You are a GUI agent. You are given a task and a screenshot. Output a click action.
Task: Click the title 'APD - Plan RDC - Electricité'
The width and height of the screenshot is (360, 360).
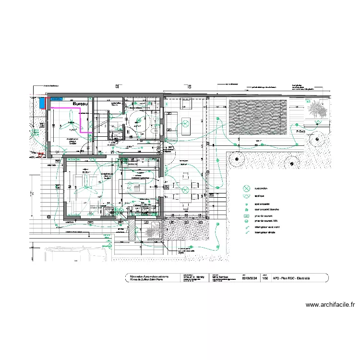tap(291, 277)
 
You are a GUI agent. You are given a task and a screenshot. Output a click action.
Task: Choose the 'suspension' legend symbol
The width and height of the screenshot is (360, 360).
tap(247, 188)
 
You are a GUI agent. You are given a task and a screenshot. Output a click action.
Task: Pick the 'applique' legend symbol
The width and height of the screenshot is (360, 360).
tap(247, 196)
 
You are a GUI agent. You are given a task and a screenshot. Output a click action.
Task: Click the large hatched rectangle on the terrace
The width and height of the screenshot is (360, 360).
tap(258, 117)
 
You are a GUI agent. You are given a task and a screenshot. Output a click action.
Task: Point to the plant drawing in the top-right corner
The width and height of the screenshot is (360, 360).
tap(317, 111)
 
